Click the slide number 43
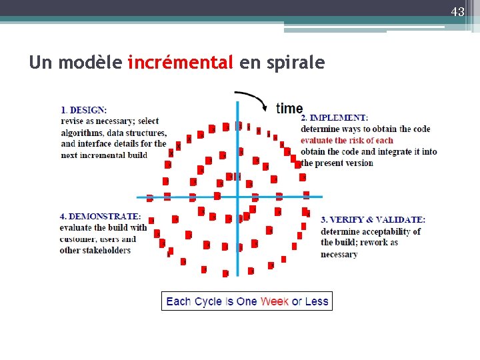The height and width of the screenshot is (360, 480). [x=457, y=12]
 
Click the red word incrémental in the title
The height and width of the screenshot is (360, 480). [x=180, y=63]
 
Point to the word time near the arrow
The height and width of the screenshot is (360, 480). [x=289, y=108]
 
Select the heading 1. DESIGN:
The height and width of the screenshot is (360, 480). [x=83, y=110]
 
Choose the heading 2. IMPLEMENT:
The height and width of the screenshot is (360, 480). [x=334, y=118]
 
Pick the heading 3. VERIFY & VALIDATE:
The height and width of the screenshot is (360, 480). [x=373, y=219]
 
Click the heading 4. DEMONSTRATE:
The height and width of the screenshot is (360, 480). [x=100, y=217]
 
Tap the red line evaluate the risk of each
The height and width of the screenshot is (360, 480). [x=347, y=140]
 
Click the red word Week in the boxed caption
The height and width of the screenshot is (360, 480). [x=274, y=301]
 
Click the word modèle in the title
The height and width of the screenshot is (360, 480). [x=90, y=63]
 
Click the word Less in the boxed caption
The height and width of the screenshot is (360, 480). [x=317, y=301]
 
